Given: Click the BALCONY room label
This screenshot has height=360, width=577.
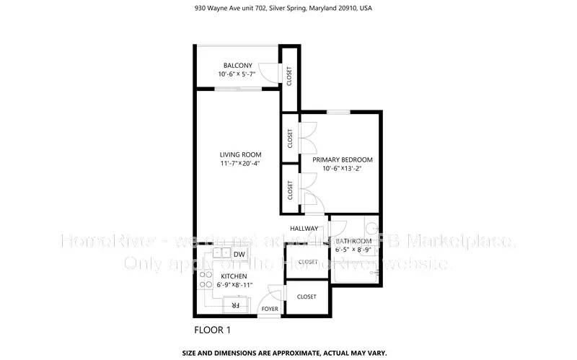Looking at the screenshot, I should tap(237, 66).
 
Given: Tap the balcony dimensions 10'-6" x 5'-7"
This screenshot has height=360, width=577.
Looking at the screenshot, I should tap(237, 75).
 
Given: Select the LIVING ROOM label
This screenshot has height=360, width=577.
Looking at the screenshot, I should tap(240, 154).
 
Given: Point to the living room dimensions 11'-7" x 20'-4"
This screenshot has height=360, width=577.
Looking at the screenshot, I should tap(240, 164).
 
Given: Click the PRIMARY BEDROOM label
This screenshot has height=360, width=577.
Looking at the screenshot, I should tap(342, 159).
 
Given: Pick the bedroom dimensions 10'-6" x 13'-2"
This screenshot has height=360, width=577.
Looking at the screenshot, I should tap(342, 169).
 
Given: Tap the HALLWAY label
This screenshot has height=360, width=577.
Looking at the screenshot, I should tap(304, 229).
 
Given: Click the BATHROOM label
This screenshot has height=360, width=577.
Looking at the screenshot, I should tap(353, 241).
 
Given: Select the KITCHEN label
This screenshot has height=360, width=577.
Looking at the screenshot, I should tap(234, 276).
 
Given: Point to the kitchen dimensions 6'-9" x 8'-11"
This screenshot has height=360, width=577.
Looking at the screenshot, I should tap(234, 285).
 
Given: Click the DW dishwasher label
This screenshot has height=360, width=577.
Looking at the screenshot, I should tap(239, 254).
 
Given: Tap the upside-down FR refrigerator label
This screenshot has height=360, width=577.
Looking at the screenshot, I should tap(234, 306).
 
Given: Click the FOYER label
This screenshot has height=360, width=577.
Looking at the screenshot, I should tap(270, 308).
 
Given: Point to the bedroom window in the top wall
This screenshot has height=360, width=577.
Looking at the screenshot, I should tap(338, 111).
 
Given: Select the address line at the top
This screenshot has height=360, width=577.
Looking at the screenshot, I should tap(288, 9).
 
